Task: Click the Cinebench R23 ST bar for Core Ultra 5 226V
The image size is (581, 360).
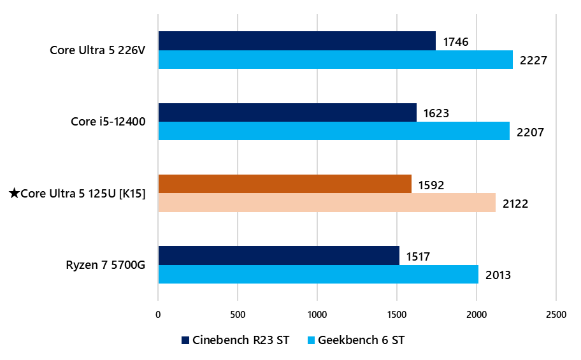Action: pos(297,41)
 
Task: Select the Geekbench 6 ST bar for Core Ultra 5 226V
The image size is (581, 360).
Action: pos(335,60)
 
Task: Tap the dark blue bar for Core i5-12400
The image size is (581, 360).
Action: pos(287,113)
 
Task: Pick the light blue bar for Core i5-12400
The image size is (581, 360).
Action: pos(334,131)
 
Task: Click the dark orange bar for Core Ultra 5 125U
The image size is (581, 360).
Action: pos(285,184)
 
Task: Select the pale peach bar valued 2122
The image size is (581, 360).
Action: pos(327,203)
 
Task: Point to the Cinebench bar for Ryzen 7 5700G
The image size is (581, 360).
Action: pos(278,256)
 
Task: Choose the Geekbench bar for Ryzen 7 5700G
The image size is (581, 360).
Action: pos(318,275)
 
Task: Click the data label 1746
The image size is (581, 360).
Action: pos(455,42)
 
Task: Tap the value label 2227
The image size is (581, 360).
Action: pos(533,61)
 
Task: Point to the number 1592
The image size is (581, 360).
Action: pos(431,185)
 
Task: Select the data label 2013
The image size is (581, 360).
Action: pos(498,275)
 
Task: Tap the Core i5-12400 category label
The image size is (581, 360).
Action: pos(108,122)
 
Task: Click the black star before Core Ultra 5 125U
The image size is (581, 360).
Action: pos(14,193)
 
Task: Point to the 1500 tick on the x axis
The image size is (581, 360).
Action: pos(397,314)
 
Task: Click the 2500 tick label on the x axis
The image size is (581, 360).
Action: pos(556,314)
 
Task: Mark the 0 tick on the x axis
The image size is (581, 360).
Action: pos(158,314)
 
